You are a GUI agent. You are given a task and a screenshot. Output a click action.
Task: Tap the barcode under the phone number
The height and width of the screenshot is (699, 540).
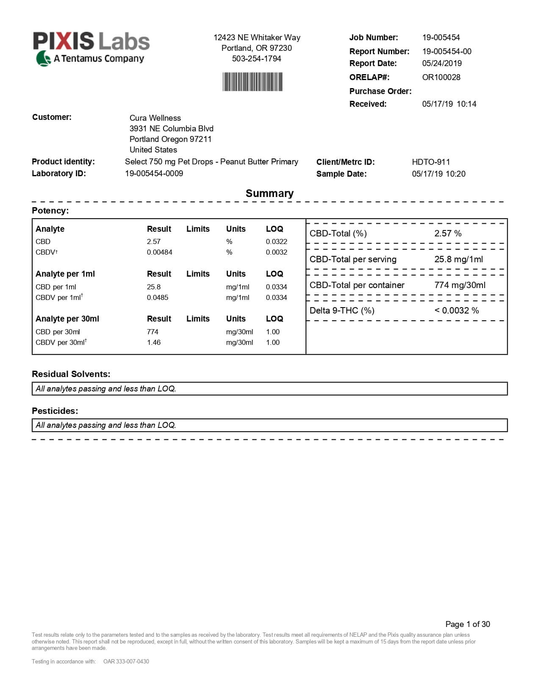point(252,82)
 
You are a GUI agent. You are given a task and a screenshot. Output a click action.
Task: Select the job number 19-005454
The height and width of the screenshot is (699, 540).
point(441,37)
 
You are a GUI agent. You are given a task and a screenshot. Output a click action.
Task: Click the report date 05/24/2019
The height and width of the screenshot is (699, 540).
point(442,63)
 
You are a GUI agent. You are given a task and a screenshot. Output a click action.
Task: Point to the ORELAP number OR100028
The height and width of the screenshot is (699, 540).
point(441,77)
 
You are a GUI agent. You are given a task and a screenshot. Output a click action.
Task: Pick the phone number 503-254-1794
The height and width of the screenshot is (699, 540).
point(256,58)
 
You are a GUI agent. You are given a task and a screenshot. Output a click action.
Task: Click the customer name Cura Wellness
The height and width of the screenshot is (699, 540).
point(155,118)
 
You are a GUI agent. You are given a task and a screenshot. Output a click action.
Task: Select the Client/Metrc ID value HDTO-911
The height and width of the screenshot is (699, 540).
point(431,162)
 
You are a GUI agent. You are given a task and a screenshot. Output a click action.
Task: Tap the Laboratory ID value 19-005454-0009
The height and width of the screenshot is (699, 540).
point(154,173)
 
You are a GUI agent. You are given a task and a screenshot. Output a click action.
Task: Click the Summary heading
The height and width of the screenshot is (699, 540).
point(269,193)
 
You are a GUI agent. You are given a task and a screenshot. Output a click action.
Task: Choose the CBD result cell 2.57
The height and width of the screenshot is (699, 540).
point(154,241)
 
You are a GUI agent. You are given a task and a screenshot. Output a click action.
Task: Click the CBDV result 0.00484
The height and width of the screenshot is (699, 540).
point(159,252)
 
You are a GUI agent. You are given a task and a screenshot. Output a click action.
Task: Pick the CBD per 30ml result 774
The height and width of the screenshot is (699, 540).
point(152,332)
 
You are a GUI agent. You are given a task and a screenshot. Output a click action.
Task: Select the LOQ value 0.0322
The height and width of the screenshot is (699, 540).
point(276,241)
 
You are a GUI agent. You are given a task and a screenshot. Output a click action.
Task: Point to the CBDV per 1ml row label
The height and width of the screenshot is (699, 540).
point(59,297)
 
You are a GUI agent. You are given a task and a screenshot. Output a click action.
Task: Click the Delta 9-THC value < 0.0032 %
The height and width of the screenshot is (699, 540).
point(456,311)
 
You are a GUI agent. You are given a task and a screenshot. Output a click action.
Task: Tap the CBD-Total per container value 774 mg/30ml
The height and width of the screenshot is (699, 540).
point(460,285)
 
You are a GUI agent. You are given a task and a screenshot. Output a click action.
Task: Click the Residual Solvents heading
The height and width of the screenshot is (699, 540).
point(71,374)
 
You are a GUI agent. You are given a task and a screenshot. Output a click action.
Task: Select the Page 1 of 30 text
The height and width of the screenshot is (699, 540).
point(467,624)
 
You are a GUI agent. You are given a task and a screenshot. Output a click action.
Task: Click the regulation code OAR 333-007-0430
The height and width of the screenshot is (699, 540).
point(126,661)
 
